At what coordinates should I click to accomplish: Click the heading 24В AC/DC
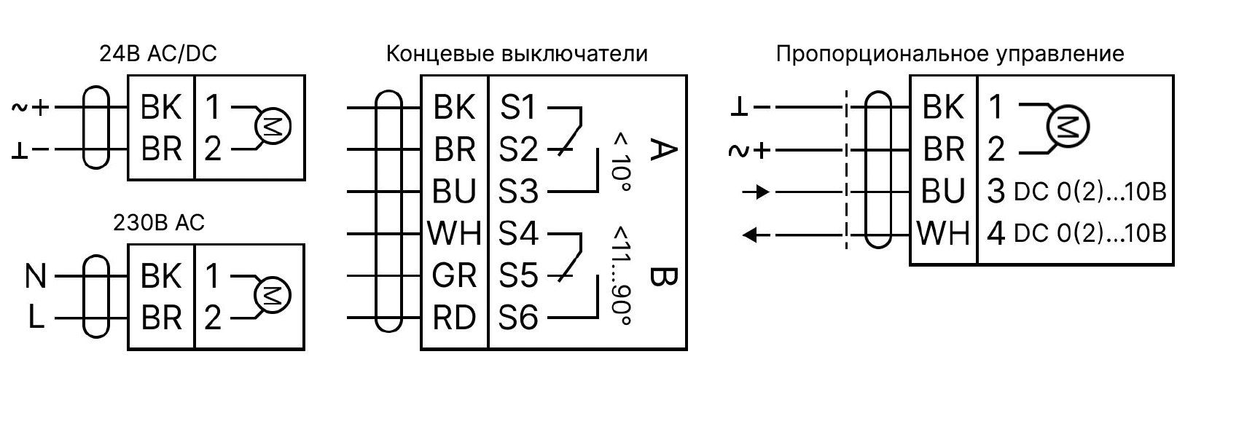pos(158,53)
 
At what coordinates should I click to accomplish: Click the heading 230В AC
pos(159,222)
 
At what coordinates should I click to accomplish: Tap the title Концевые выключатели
pos(517,53)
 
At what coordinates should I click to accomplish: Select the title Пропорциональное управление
pos(950,53)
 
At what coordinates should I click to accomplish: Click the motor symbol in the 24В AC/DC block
pos(273,127)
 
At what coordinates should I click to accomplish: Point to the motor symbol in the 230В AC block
pos(273,296)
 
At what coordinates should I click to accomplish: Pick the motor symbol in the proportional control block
pos(1068,127)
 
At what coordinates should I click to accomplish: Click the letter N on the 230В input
pos(36,276)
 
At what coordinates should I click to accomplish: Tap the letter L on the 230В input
pos(36,318)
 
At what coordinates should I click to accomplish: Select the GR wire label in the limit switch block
pos(454,276)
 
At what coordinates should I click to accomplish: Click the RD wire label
pos(454,318)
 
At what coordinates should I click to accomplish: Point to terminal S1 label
pos(518,108)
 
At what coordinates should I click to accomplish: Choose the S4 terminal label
pos(518,234)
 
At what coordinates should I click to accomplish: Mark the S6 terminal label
pos(518,318)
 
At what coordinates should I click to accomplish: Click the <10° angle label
pos(622,161)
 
